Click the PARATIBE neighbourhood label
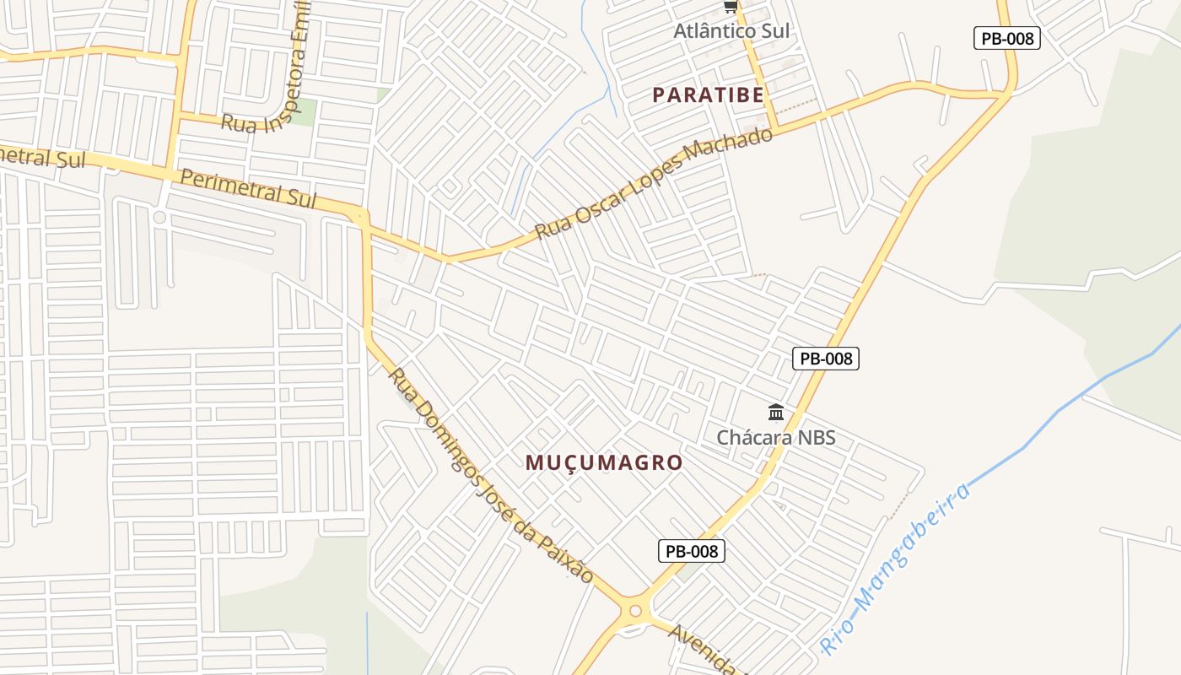pos(708,95)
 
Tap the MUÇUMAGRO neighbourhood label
pos(603,462)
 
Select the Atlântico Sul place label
pos(731,31)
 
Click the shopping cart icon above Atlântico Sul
pos(731,7)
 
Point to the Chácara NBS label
pos(775,437)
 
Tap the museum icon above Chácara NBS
pos(776,413)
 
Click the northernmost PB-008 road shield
pos(1006,38)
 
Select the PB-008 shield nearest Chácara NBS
pos(826,358)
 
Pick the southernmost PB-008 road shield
pos(691,551)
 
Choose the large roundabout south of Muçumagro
pos(635,611)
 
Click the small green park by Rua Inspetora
pos(301,112)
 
